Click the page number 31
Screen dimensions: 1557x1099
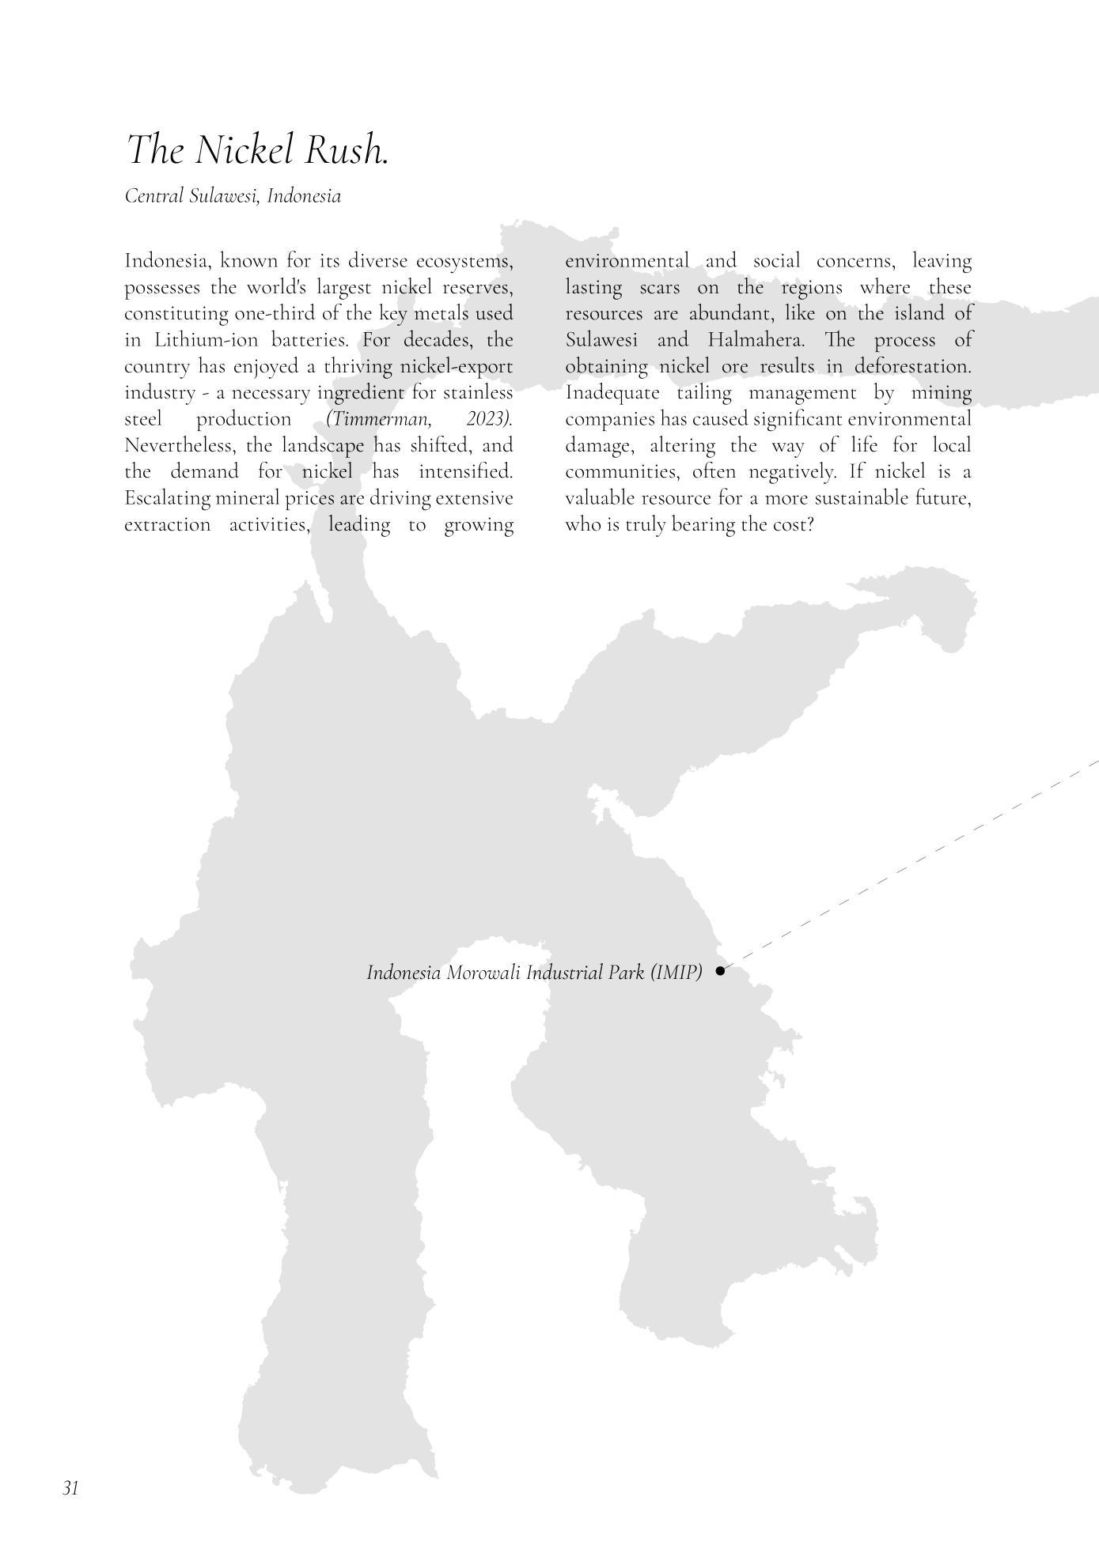(x=70, y=1488)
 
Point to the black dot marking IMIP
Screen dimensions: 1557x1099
(x=720, y=970)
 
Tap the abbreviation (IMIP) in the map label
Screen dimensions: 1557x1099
(x=676, y=973)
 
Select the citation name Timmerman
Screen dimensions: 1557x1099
(x=378, y=419)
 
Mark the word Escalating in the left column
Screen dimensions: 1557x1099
(x=167, y=499)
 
